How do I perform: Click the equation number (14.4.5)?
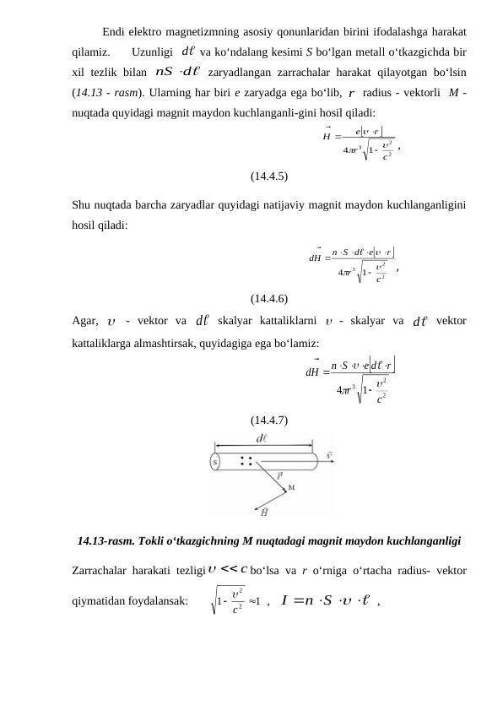(268, 176)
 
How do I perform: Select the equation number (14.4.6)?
(268, 298)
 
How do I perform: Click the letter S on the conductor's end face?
(215, 462)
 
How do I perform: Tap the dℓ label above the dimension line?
(262, 438)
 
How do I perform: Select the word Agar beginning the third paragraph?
(86, 321)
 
